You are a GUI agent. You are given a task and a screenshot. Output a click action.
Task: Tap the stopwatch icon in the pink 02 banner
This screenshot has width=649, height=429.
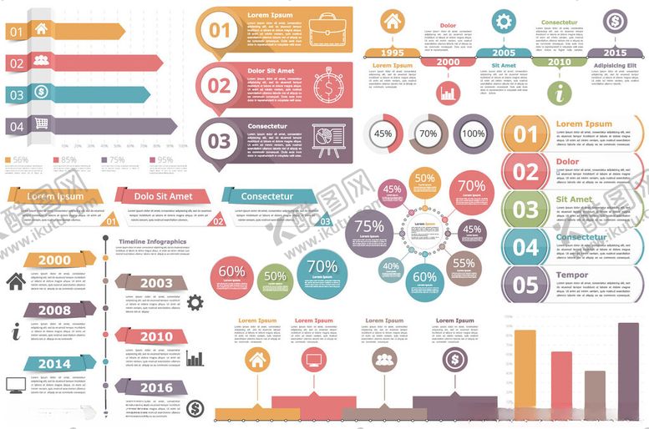[x=328, y=84]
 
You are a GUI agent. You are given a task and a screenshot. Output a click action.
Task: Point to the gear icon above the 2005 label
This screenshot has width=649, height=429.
[x=503, y=22]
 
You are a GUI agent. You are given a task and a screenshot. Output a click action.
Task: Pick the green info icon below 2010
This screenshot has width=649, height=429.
[x=560, y=92]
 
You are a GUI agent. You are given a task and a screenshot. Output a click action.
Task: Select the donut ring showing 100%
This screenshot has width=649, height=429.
[x=473, y=134]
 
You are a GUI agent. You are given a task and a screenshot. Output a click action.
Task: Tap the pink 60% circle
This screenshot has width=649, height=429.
[x=231, y=276]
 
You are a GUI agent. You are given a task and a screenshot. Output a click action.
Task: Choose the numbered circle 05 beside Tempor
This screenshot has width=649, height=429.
[x=526, y=284]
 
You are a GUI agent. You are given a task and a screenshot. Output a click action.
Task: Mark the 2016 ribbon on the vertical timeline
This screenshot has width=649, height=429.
[x=155, y=387]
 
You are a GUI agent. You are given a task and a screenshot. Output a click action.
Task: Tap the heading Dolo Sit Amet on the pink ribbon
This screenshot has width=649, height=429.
[x=164, y=196]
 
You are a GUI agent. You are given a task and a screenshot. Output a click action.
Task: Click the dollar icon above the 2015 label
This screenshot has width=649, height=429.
[x=615, y=21]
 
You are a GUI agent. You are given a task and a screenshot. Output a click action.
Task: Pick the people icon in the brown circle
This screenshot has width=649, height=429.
[x=383, y=361]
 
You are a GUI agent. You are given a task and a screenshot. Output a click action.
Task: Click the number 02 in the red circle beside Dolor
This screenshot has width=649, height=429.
[x=526, y=172]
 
